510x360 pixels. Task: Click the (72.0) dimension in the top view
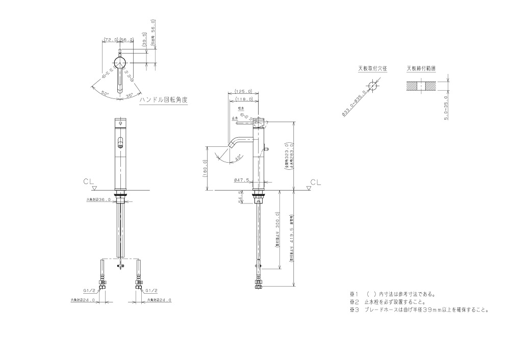[111, 39]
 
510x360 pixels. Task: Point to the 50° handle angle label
[105, 93]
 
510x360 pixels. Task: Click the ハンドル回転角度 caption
[163, 100]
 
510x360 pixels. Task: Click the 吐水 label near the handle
[241, 110]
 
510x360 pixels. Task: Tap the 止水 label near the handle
[235, 117]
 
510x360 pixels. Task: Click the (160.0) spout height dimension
[205, 169]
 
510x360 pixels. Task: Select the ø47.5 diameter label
[241, 180]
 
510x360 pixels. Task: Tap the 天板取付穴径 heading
[372, 68]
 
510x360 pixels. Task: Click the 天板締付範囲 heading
[421, 68]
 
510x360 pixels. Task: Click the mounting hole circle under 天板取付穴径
[373, 87]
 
